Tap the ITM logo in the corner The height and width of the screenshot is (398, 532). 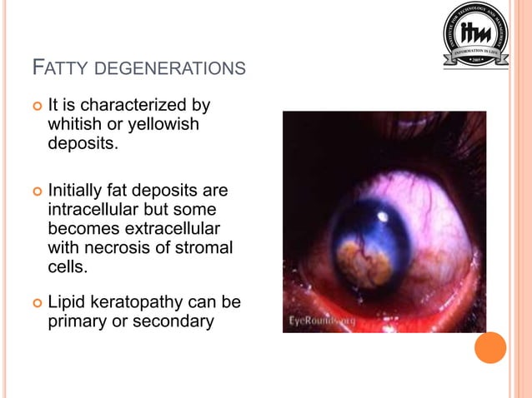click(x=475, y=36)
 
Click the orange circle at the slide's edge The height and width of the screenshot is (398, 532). click(x=490, y=347)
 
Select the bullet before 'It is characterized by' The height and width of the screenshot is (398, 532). click(x=36, y=107)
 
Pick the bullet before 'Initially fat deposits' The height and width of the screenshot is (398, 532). click(x=36, y=191)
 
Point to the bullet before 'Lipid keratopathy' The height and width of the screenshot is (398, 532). click(x=36, y=303)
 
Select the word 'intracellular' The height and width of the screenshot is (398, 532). click(x=93, y=208)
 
